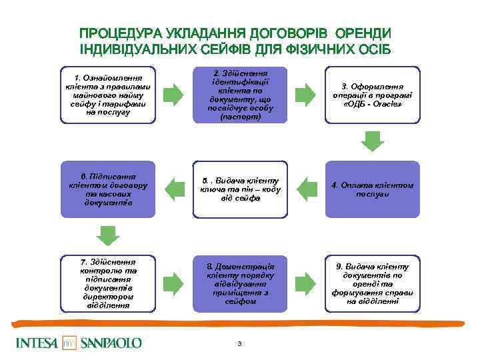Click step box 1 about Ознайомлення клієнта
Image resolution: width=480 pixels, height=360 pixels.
(107, 94)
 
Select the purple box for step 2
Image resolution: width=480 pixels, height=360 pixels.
(240, 94)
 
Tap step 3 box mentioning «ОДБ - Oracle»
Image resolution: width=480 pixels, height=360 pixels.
(372, 94)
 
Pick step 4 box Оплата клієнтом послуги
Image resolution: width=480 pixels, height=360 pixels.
(372, 189)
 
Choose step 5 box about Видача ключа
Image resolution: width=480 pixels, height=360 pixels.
(240, 189)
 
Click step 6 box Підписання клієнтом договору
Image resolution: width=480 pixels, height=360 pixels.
(107, 189)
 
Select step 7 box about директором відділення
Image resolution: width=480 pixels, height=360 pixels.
(107, 283)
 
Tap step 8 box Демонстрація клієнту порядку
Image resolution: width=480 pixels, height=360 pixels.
(240, 283)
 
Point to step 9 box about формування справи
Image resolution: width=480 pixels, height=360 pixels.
(372, 283)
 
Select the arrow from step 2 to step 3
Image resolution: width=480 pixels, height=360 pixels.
(305, 94)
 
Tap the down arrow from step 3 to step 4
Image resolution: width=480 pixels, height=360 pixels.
(372, 141)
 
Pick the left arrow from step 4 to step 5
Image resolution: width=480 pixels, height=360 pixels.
(305, 189)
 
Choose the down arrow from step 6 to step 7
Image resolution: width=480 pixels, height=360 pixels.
(107, 235)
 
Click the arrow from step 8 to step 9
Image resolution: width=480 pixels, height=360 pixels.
(305, 283)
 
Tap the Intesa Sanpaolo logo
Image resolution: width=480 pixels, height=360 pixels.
(80, 343)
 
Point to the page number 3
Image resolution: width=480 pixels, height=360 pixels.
(239, 343)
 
